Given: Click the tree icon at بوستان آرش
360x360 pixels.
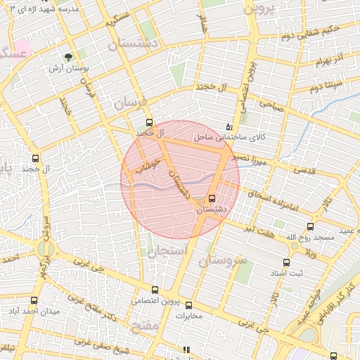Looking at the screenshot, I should click(69, 57).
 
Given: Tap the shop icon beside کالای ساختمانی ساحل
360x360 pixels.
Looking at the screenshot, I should click(227, 127).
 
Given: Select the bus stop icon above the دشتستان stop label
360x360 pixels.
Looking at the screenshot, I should click(212, 198).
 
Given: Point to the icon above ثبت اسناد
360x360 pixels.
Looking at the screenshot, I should click(286, 262).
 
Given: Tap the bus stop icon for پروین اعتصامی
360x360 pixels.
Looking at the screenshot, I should click(155, 290).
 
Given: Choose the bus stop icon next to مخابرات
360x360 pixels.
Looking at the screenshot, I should click(188, 304).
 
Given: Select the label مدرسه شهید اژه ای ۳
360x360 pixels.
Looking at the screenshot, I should click(45, 8).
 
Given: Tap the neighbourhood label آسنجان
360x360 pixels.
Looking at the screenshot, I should click(166, 251).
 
